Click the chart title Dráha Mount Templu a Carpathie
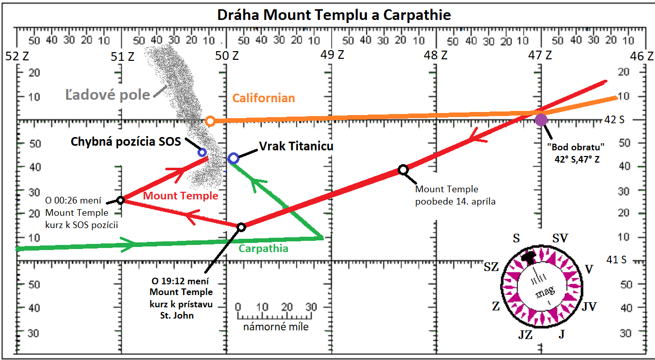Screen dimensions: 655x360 click(x=334, y=15)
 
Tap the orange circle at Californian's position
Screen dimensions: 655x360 click(x=210, y=121)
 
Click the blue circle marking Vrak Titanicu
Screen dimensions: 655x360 click(x=233, y=159)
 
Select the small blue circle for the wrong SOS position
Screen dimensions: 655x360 click(x=202, y=152)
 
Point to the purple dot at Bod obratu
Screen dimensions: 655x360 click(x=541, y=120)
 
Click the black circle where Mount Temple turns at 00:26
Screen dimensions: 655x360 click(x=120, y=200)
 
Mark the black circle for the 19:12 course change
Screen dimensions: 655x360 click(x=241, y=227)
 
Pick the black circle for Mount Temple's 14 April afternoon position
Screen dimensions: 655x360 click(x=403, y=169)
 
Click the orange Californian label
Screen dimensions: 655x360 click(x=264, y=98)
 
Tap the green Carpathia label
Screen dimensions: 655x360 click(x=264, y=249)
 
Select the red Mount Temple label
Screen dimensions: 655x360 click(x=181, y=195)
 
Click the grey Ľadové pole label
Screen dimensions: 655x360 click(x=107, y=95)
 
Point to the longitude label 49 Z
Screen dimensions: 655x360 click(x=332, y=55)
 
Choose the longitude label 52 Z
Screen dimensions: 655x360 click(x=17, y=56)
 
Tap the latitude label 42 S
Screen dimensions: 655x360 click(x=615, y=120)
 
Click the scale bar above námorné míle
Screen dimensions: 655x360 click(x=275, y=316)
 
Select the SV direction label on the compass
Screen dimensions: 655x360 click(x=560, y=238)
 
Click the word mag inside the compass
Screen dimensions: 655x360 click(x=545, y=291)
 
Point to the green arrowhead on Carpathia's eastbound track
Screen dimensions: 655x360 click(x=128, y=244)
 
